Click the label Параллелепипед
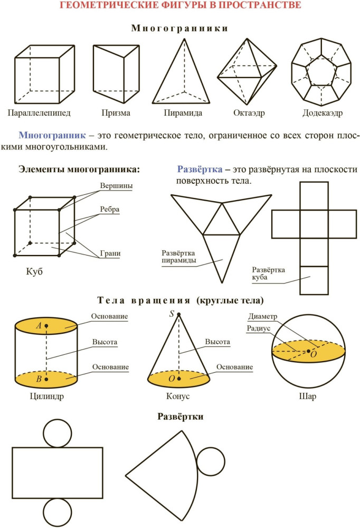(x=39, y=112)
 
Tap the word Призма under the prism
(x=116, y=113)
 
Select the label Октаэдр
(x=249, y=113)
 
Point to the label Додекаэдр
(x=323, y=113)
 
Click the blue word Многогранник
(x=52, y=135)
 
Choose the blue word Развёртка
(x=200, y=169)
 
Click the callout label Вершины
(x=116, y=185)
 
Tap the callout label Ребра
(x=109, y=210)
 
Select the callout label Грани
(x=110, y=253)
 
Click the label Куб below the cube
(x=34, y=271)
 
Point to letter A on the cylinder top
(x=39, y=326)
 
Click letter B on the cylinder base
(x=39, y=379)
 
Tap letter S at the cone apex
(x=172, y=314)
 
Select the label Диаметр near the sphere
(x=263, y=316)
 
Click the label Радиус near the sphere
(x=258, y=328)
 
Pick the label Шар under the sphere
(x=307, y=397)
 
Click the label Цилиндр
(x=46, y=397)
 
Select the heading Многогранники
(x=180, y=29)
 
